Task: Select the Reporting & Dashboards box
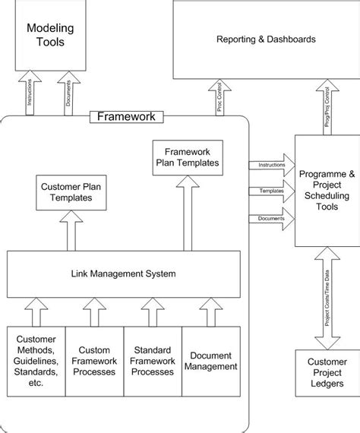tap(265, 39)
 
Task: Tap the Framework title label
tap(126, 116)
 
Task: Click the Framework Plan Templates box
tap(187, 156)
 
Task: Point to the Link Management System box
tap(124, 273)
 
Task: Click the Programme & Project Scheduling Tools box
tap(327, 190)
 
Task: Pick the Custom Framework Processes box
tap(94, 361)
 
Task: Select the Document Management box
tap(210, 361)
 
